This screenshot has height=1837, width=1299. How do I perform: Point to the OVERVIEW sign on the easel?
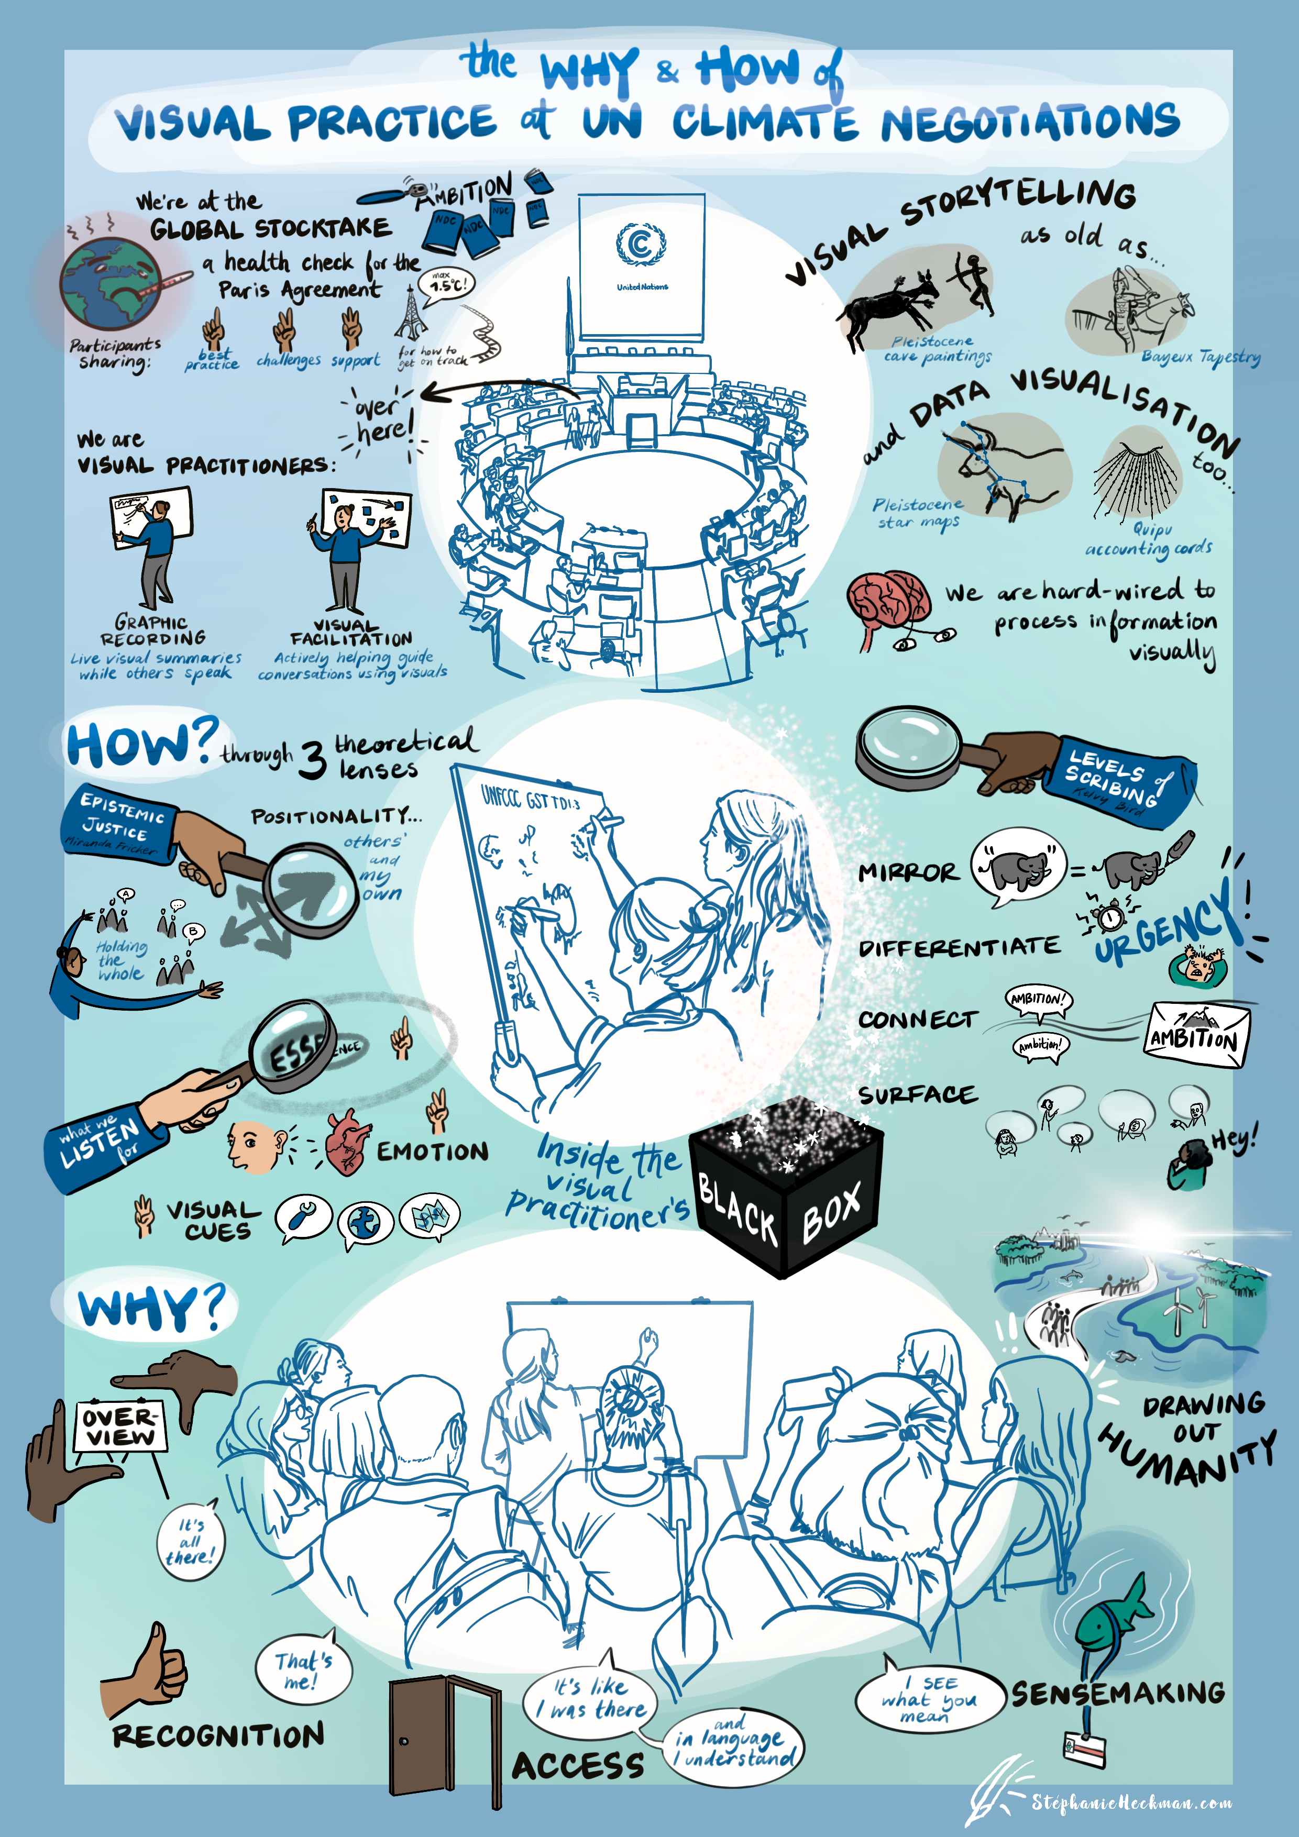[x=120, y=1426]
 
